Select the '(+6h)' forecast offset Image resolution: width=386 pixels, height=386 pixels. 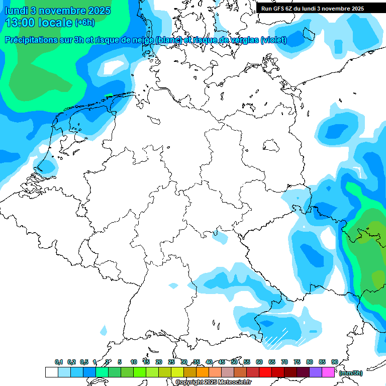coord(84,23)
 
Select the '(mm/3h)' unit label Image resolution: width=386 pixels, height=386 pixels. coord(350,372)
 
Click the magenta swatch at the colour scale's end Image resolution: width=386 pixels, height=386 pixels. coord(328,372)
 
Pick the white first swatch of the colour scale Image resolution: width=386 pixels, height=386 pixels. coord(51,372)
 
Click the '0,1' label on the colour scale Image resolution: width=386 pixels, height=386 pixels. coord(59,362)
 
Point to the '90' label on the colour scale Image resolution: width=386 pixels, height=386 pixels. coord(334,362)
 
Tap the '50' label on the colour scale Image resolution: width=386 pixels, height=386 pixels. coord(234,362)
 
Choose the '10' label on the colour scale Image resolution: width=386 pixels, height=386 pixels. coord(134,362)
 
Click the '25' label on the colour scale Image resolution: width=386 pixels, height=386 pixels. coord(171,362)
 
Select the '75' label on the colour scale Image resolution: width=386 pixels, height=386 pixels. coord(297,362)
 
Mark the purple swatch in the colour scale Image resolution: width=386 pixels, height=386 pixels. coord(316,372)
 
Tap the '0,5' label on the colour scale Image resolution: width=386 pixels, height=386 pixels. coord(84,362)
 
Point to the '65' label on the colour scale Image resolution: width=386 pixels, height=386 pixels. coord(272,362)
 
